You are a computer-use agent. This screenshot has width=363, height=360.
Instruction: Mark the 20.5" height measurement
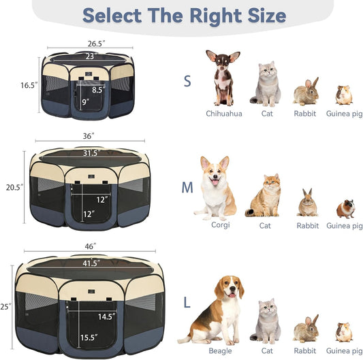(14, 187)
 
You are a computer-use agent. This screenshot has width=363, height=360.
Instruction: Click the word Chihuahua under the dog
(223, 114)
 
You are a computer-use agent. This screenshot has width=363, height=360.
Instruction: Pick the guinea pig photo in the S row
(344, 95)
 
